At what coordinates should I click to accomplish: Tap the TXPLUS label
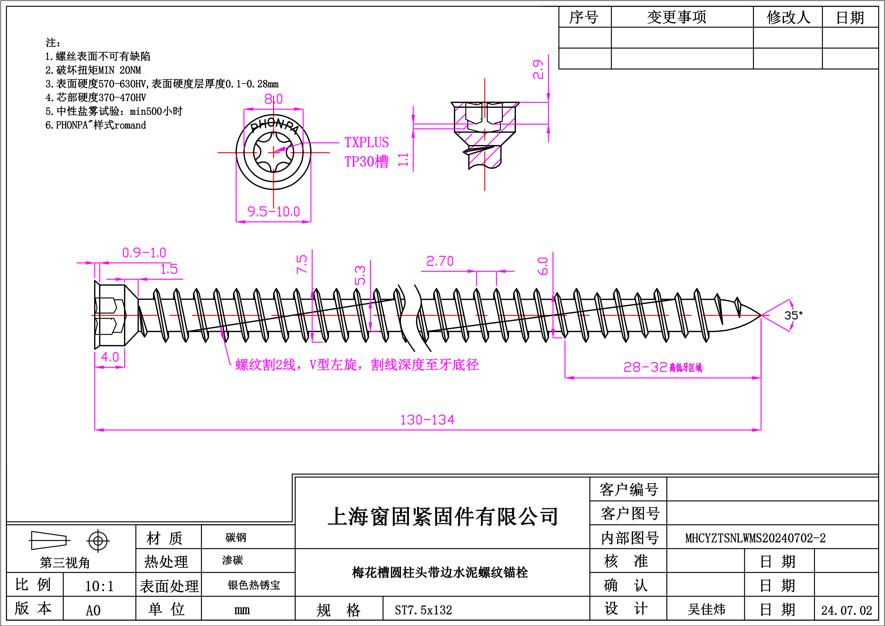[366, 143]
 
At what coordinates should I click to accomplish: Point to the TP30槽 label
[366, 161]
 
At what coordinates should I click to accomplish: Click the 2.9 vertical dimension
[538, 70]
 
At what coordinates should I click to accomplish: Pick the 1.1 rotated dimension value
[403, 160]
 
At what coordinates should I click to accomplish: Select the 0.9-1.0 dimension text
[144, 253]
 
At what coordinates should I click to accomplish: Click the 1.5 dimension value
[169, 269]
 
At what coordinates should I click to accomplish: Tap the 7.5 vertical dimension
[302, 264]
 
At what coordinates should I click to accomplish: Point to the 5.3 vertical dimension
[360, 275]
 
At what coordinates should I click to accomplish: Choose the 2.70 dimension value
[440, 262]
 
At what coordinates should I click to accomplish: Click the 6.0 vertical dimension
[543, 266]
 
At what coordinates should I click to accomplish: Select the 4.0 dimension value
[110, 357]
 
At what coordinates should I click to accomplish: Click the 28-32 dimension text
[645, 367]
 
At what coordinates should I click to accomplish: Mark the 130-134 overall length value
[427, 420]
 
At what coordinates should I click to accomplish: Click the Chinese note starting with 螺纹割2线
[357, 365]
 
